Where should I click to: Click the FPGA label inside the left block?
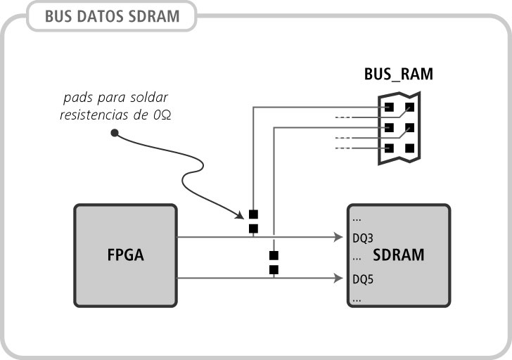point(126,255)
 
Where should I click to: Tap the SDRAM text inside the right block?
point(398,255)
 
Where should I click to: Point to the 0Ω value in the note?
point(160,115)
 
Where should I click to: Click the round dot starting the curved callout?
point(114,131)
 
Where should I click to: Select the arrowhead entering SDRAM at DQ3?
point(339,238)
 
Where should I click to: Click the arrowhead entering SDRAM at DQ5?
point(339,278)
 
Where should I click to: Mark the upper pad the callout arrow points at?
point(253,214)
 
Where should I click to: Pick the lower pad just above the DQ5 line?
point(274,269)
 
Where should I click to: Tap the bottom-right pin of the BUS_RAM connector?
point(409,148)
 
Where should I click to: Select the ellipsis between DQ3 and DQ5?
point(357,258)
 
